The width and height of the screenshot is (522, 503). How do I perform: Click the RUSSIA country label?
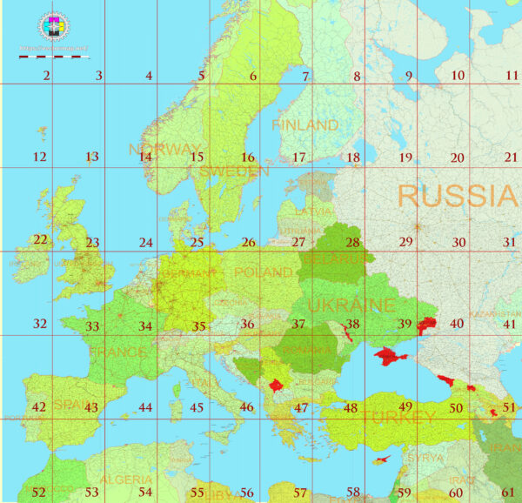pyautogui.click(x=456, y=195)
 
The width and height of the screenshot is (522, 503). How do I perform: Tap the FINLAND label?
pyautogui.click(x=304, y=125)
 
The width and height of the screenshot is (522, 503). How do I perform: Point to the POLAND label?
pyautogui.click(x=264, y=272)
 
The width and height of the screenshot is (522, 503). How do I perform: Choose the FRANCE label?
pyautogui.click(x=117, y=352)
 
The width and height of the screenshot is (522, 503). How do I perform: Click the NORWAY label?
pyautogui.click(x=164, y=149)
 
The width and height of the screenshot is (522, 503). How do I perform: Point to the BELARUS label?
pyautogui.click(x=333, y=258)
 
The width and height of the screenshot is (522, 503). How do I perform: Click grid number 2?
pyautogui.click(x=46, y=76)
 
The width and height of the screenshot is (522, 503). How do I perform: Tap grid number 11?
pyautogui.click(x=512, y=76)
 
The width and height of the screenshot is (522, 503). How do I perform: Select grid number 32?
pyautogui.click(x=40, y=324)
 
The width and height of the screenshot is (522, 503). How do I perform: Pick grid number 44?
pyautogui.click(x=145, y=407)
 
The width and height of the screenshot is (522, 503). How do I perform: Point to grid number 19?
pyautogui.click(x=405, y=158)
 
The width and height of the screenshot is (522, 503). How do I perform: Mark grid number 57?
pyautogui.click(x=300, y=493)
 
